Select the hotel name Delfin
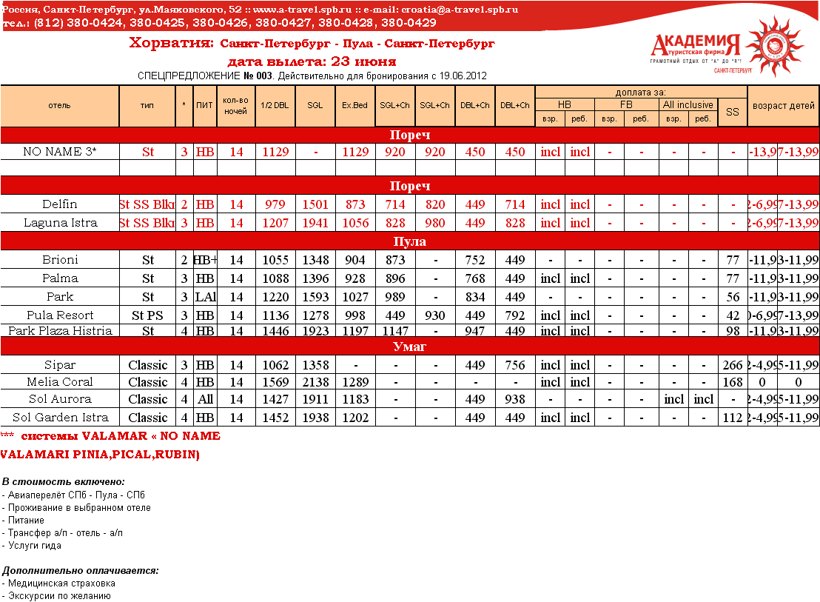tap(59, 204)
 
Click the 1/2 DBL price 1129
tap(275, 153)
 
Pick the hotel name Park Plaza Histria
tap(60, 330)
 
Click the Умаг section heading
tap(409, 347)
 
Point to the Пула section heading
tap(409, 241)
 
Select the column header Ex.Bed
tap(354, 105)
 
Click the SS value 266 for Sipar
tap(732, 365)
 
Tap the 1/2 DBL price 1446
tap(275, 330)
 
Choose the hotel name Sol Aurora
tap(59, 399)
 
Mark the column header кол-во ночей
tap(235, 106)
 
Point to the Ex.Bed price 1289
tap(354, 382)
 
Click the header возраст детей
tap(783, 105)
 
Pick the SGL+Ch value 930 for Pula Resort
tap(434, 315)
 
